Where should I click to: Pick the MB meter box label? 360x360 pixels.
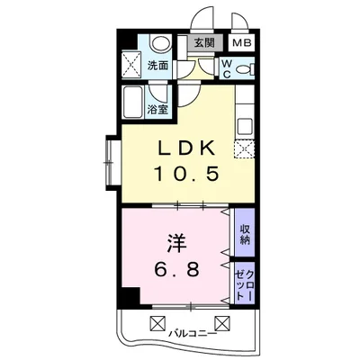pyautogui.click(x=242, y=43)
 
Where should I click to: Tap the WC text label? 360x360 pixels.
pyautogui.click(x=226, y=68)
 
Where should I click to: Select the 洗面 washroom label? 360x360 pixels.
pyautogui.click(x=158, y=66)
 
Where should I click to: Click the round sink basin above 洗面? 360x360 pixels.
pyautogui.click(x=160, y=43)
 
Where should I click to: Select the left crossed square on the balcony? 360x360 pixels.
pyautogui.click(x=157, y=322)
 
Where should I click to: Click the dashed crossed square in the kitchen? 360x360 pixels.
pyautogui.click(x=243, y=148)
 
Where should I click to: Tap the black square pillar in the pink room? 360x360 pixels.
pyautogui.click(x=131, y=297)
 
